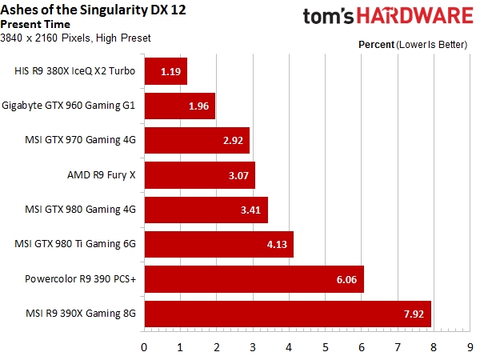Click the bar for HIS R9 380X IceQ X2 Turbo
[x=166, y=70]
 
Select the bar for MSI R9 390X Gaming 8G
[x=287, y=314]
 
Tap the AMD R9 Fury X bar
[x=199, y=175]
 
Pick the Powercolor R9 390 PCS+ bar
[x=254, y=280]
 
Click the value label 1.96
[x=197, y=106]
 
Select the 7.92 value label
[x=414, y=314]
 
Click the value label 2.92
[x=233, y=140]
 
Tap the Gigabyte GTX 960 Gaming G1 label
[x=70, y=106]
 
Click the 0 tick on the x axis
[x=144, y=347]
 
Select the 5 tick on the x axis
[x=326, y=347]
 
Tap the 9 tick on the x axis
[x=470, y=347]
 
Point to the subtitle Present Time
[x=35, y=24]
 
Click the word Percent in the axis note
[x=375, y=45]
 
